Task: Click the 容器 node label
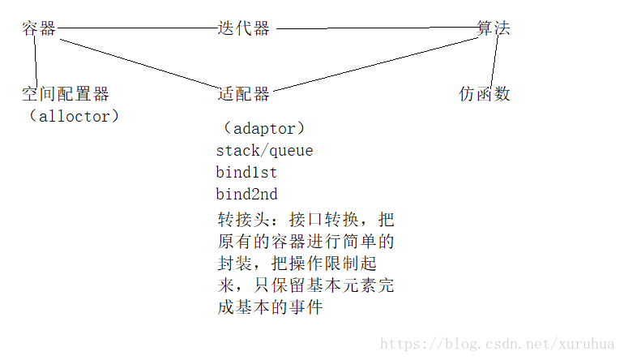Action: tap(39, 29)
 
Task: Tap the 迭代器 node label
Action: tap(243, 28)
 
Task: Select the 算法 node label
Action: tap(494, 28)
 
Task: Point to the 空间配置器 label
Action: tap(65, 94)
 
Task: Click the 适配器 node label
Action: tap(243, 94)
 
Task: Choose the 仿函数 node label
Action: tap(485, 94)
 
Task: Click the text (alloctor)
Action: tap(72, 116)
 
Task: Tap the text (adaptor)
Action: tap(265, 129)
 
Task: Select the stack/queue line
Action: tap(264, 151)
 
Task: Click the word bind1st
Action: tap(247, 173)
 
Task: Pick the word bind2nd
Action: tap(247, 195)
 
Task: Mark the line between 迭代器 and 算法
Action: tap(376, 30)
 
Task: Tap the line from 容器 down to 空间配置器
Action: tap(34, 61)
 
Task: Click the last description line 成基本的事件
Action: tap(270, 307)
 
